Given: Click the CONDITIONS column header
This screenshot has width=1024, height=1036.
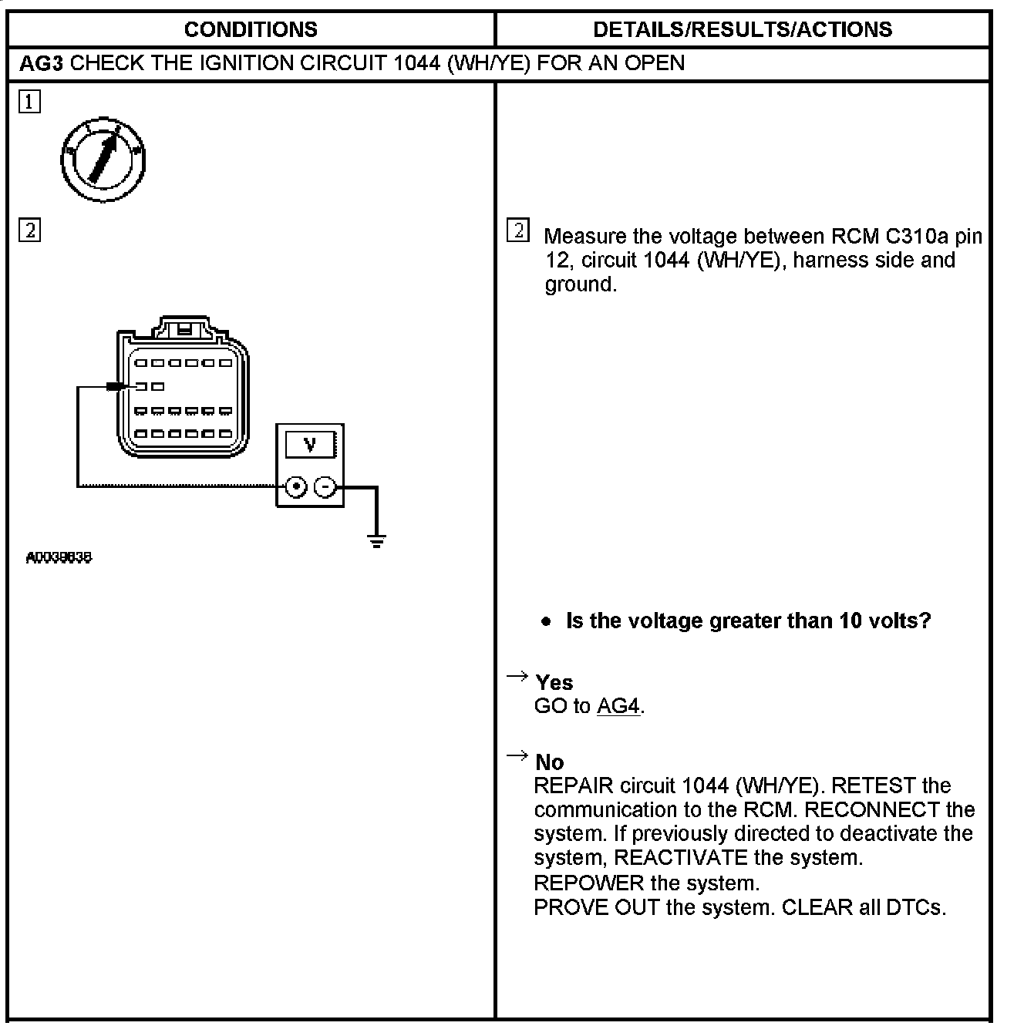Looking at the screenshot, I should [x=251, y=29].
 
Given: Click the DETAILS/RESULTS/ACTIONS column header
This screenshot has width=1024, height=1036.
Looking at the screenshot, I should [x=742, y=29].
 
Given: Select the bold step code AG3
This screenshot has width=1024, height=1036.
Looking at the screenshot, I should [x=40, y=63].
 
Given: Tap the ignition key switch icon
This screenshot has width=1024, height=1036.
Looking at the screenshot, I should [x=103, y=160].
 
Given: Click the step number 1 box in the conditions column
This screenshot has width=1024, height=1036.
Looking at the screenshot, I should [x=29, y=102].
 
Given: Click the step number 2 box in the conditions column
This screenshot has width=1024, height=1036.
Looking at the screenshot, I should [x=29, y=230].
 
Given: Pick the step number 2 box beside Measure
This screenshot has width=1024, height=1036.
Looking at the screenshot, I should [x=518, y=230].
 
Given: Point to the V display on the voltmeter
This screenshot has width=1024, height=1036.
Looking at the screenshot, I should [x=310, y=445].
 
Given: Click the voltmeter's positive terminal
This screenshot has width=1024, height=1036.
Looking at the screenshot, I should [x=296, y=487].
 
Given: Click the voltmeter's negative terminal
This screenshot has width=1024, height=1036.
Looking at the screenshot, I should [x=325, y=487].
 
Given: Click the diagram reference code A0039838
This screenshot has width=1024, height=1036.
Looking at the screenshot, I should [x=59, y=557].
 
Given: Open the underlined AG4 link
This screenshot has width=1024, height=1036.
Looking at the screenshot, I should [x=618, y=706].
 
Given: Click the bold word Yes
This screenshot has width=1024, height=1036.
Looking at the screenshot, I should [x=554, y=682].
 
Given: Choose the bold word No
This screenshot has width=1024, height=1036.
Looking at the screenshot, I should [x=550, y=762].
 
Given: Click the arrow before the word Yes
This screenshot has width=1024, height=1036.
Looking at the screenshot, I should [x=516, y=677].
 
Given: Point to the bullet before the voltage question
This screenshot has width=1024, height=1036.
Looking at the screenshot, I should [x=547, y=621].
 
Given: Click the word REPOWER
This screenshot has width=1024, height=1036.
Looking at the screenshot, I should [x=588, y=883].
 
